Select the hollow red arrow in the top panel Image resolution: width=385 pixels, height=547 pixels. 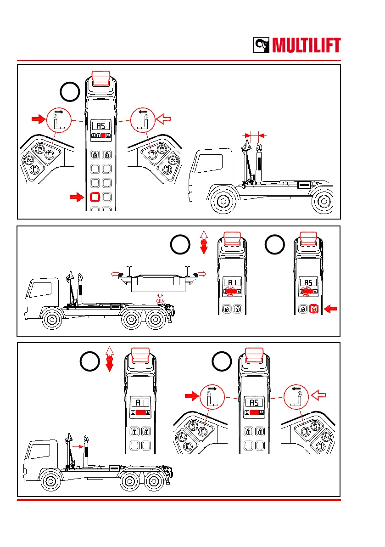tap(164, 120)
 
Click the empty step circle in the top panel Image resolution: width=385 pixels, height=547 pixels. tap(70, 92)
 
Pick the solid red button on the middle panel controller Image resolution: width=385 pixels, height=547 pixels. tap(314, 310)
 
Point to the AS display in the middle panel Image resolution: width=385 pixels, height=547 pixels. tap(308, 283)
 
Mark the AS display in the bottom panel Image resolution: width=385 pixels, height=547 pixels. tap(254, 403)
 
